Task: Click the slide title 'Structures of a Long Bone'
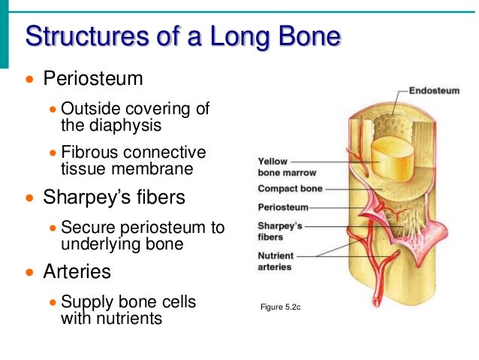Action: click(183, 36)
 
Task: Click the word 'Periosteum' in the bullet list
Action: click(93, 78)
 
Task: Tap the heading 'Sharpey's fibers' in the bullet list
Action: click(113, 198)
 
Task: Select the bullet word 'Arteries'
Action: click(77, 271)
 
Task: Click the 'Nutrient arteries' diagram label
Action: click(275, 261)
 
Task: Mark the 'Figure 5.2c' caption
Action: click(279, 307)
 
